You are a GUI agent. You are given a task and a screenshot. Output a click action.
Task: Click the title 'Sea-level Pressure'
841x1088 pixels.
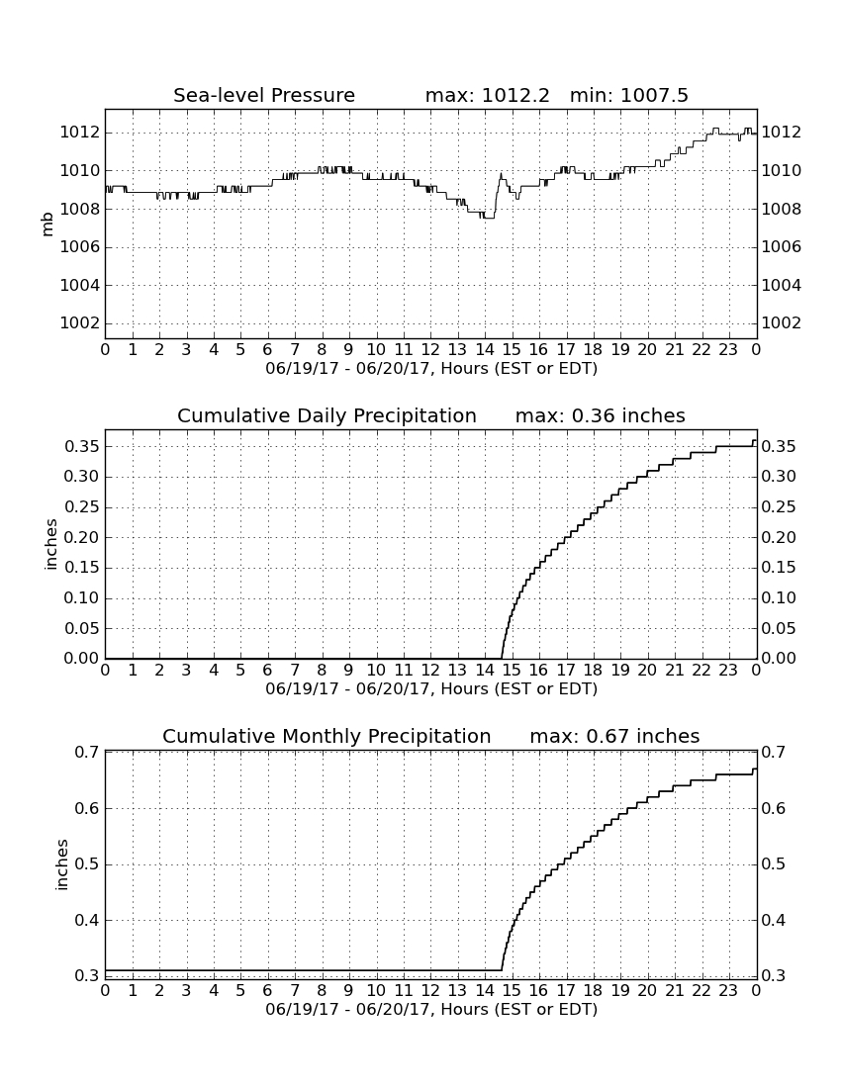[264, 95]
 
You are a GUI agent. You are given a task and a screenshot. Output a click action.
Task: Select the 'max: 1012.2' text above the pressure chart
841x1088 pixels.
[487, 95]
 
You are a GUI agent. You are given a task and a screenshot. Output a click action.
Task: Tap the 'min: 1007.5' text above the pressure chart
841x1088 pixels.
[628, 95]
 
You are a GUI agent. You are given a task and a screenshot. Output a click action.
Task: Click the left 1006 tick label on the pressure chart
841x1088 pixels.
[80, 247]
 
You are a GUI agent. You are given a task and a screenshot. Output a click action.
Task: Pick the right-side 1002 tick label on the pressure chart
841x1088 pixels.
[782, 323]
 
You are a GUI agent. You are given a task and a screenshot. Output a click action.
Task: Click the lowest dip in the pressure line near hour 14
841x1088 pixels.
[489, 218]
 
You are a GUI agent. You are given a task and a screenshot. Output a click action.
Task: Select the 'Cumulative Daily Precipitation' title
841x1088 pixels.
[327, 415]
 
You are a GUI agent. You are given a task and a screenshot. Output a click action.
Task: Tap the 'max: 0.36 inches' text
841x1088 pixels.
[601, 415]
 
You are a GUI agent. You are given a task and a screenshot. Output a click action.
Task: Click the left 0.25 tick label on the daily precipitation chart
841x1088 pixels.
[82, 507]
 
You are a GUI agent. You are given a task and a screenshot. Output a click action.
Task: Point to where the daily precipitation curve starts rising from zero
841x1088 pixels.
[501, 657]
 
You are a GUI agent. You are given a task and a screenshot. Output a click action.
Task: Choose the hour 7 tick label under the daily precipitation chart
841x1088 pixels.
[295, 671]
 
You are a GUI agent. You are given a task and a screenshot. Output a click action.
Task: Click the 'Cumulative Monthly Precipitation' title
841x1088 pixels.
[327, 736]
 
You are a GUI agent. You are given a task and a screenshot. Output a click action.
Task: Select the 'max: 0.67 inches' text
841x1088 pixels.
[614, 736]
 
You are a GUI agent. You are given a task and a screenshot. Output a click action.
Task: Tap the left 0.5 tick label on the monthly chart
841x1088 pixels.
[87, 864]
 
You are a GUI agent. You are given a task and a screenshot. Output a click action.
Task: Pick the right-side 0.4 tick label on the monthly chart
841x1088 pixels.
[775, 921]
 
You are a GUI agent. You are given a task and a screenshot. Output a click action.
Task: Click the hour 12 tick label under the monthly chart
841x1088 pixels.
[430, 990]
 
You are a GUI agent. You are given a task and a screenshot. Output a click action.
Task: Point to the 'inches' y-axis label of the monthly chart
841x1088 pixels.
[61, 864]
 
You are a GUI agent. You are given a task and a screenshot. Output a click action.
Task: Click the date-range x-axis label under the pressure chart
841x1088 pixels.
[431, 369]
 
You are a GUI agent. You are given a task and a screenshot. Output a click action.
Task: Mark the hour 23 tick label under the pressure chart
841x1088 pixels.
[728, 349]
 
